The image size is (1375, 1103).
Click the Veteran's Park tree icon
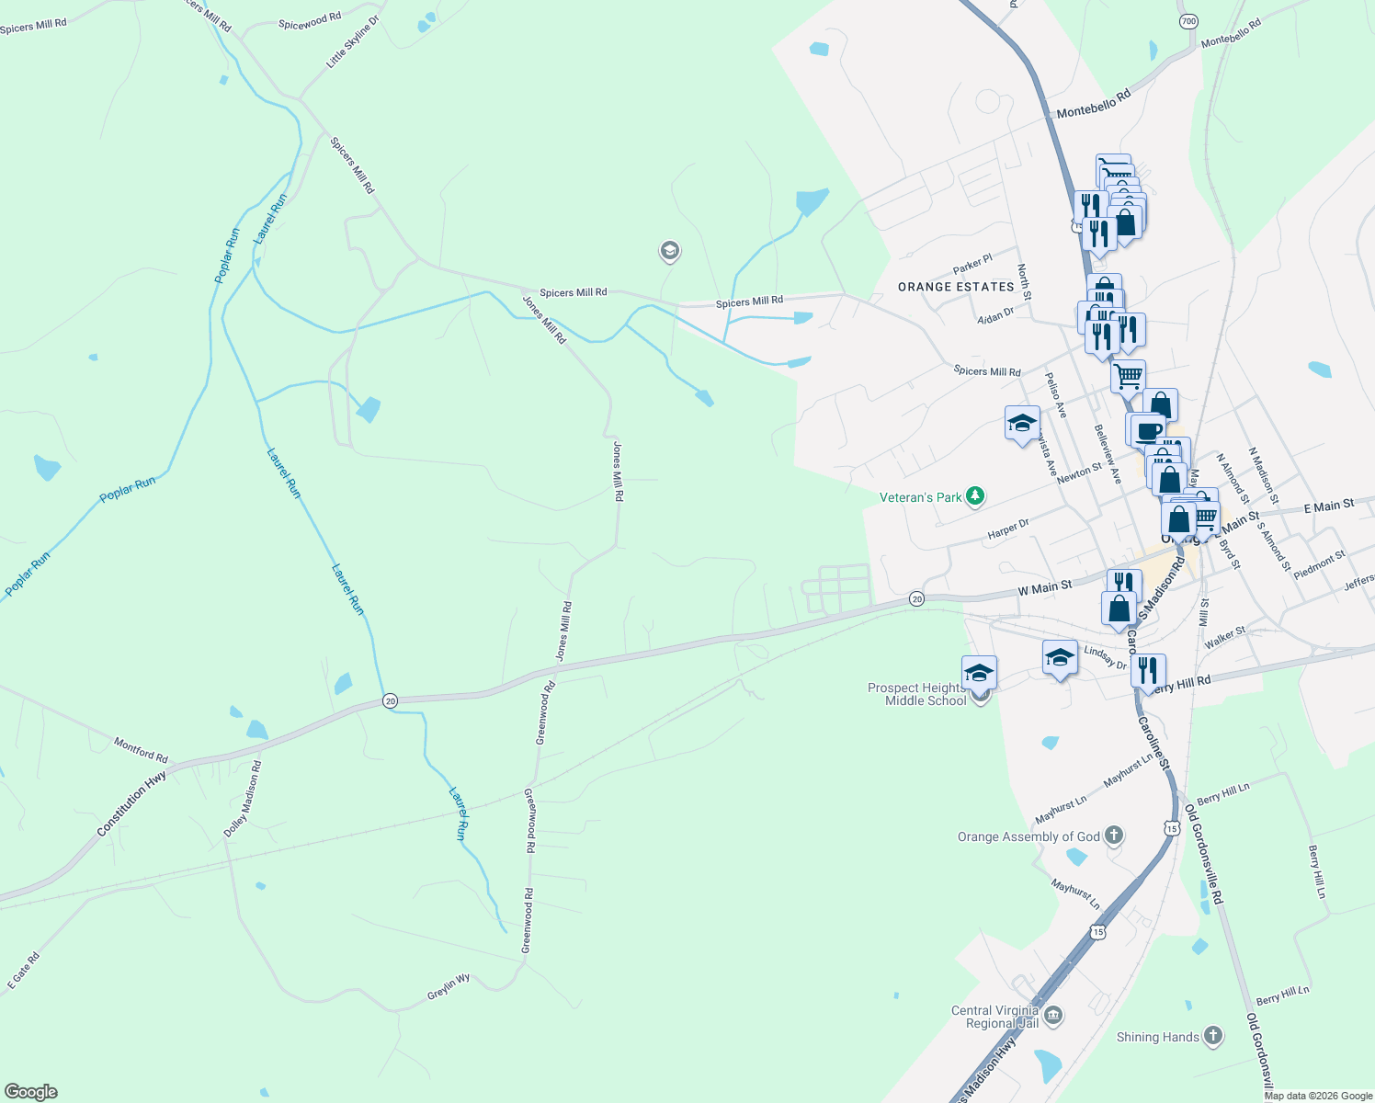pos(975,497)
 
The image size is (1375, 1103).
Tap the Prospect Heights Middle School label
pos(917,694)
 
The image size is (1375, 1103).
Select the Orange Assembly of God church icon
pos(1114,836)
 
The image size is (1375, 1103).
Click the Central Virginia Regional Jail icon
pos(1053,1016)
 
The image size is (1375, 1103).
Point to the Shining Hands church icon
pos(1213,1037)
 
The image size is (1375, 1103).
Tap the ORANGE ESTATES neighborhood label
pos(956,287)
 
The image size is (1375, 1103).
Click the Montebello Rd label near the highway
pos(1093,103)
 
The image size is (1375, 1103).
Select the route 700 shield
pos(1188,20)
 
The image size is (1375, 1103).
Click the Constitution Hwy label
pos(132,804)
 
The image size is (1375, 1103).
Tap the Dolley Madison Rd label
pos(243,799)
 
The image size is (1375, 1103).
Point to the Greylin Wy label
pos(449,987)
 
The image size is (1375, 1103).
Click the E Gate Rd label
pos(24,972)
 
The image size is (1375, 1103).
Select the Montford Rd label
pos(141,750)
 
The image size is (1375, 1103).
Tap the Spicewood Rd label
pos(310,20)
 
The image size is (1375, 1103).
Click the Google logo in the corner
pos(31,1092)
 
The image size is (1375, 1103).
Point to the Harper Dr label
pos(1008,529)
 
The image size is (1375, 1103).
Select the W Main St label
pos(1044,587)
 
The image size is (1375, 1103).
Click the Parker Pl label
pos(972,265)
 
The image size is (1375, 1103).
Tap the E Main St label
pos(1329,506)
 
